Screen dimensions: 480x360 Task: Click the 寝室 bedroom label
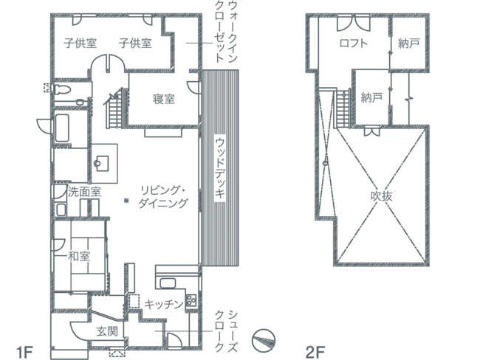tap(164, 99)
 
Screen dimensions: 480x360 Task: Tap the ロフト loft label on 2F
tap(354, 43)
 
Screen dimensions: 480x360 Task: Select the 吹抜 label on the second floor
tap(382, 196)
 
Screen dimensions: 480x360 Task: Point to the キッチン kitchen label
tap(164, 304)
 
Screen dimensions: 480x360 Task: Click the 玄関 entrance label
tap(107, 331)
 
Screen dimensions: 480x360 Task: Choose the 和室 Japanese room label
tap(79, 256)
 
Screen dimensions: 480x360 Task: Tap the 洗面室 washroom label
tap(84, 192)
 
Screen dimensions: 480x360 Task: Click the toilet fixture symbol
tap(62, 89)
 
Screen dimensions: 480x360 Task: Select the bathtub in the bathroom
tap(62, 128)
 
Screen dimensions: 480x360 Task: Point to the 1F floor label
tap(24, 352)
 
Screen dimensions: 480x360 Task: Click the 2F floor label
tap(315, 352)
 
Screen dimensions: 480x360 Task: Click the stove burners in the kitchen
tap(191, 300)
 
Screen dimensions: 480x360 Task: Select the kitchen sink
tap(168, 283)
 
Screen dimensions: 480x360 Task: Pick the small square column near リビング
tap(126, 201)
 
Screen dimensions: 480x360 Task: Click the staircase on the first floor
tap(115, 108)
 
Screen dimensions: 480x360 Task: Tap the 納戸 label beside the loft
tap(408, 44)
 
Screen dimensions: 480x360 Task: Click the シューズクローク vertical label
tap(227, 331)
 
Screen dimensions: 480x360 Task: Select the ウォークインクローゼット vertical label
tap(227, 32)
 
